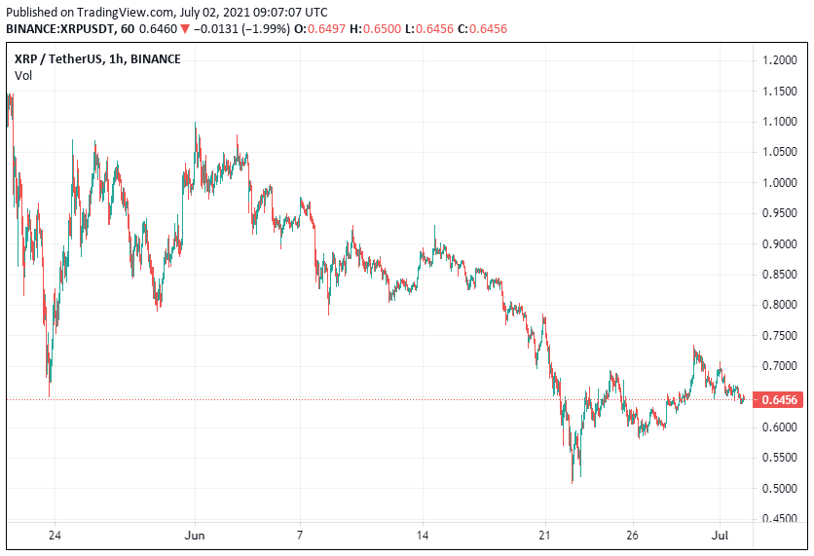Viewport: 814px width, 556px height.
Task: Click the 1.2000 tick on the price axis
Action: [x=780, y=60]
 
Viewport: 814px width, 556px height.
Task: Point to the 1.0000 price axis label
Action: [x=780, y=183]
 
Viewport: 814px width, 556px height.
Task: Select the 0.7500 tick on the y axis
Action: [x=780, y=336]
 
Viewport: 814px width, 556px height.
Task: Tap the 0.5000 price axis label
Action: [x=780, y=489]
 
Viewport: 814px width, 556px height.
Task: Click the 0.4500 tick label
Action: [x=780, y=519]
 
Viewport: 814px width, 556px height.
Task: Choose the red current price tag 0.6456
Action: [x=780, y=399]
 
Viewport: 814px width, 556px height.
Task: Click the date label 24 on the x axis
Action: [x=55, y=536]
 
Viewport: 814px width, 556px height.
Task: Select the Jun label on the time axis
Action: [x=195, y=536]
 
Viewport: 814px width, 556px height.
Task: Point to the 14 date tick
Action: [x=422, y=536]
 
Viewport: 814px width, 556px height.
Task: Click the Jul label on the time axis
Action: [x=720, y=536]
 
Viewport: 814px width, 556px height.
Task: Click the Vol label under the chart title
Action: [x=23, y=75]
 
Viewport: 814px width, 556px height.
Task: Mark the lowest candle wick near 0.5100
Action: [x=573, y=480]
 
